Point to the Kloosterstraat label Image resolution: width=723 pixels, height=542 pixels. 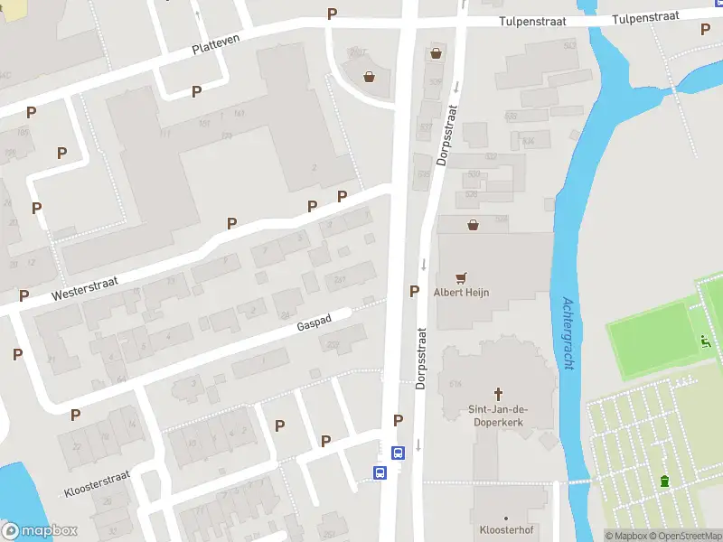pos(97,484)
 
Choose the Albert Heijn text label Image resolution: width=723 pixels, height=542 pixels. pos(463,292)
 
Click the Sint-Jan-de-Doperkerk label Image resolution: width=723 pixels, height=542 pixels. pos(497,416)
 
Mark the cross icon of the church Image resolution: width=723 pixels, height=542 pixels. pos(497,394)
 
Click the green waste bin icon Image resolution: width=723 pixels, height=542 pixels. pos(666,481)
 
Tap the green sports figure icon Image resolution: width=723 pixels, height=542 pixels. pos(706,341)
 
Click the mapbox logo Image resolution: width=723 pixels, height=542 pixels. pos(40,531)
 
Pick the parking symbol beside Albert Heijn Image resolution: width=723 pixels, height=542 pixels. pos(414,291)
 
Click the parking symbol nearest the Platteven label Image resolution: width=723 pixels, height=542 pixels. pos(196,91)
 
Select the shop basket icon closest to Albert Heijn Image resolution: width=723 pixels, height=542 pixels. pos(472,225)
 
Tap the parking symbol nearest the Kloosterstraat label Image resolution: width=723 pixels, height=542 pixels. pos(76,415)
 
